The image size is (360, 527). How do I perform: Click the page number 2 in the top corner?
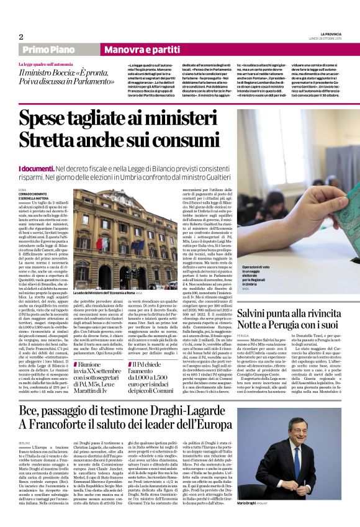point(21,37)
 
